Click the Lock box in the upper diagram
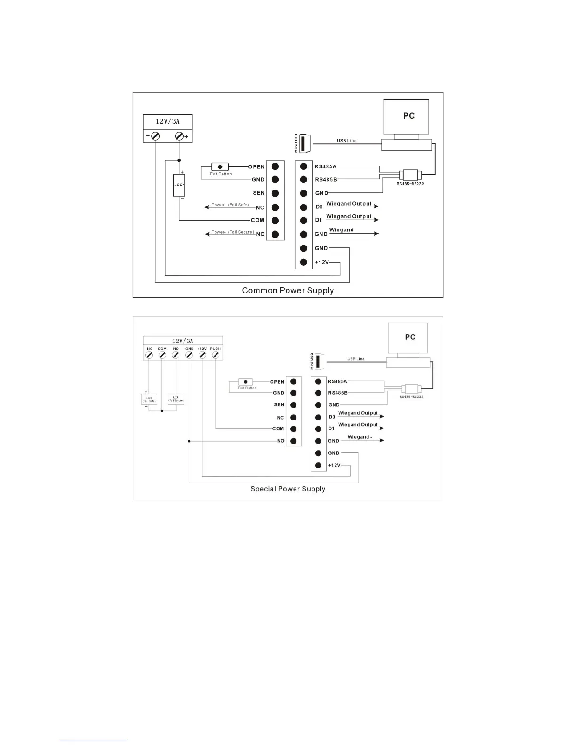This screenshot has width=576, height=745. point(179,185)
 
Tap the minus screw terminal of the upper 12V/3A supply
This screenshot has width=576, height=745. point(155,136)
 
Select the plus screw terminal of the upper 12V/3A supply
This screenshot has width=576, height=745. point(179,136)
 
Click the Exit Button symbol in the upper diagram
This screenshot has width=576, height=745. point(220,167)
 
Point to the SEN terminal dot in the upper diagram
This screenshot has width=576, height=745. point(275,193)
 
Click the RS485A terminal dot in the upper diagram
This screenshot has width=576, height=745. point(304,166)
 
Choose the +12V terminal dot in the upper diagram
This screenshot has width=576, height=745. point(304,262)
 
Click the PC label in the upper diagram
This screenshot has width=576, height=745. point(409,116)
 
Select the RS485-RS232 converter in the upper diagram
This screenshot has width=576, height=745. point(410,174)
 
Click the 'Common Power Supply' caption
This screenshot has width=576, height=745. point(288,291)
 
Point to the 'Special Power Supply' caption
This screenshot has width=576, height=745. point(288,489)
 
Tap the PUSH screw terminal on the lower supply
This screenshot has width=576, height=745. point(215,356)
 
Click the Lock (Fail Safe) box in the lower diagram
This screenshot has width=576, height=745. point(149,400)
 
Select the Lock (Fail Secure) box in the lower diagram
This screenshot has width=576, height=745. point(176,399)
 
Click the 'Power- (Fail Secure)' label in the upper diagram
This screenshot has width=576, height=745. point(232,232)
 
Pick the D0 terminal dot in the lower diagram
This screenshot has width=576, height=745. point(318,417)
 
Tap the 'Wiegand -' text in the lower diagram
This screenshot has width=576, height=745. point(360,437)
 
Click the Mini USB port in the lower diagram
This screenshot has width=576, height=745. point(317,361)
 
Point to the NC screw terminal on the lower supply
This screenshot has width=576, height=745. point(149,356)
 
